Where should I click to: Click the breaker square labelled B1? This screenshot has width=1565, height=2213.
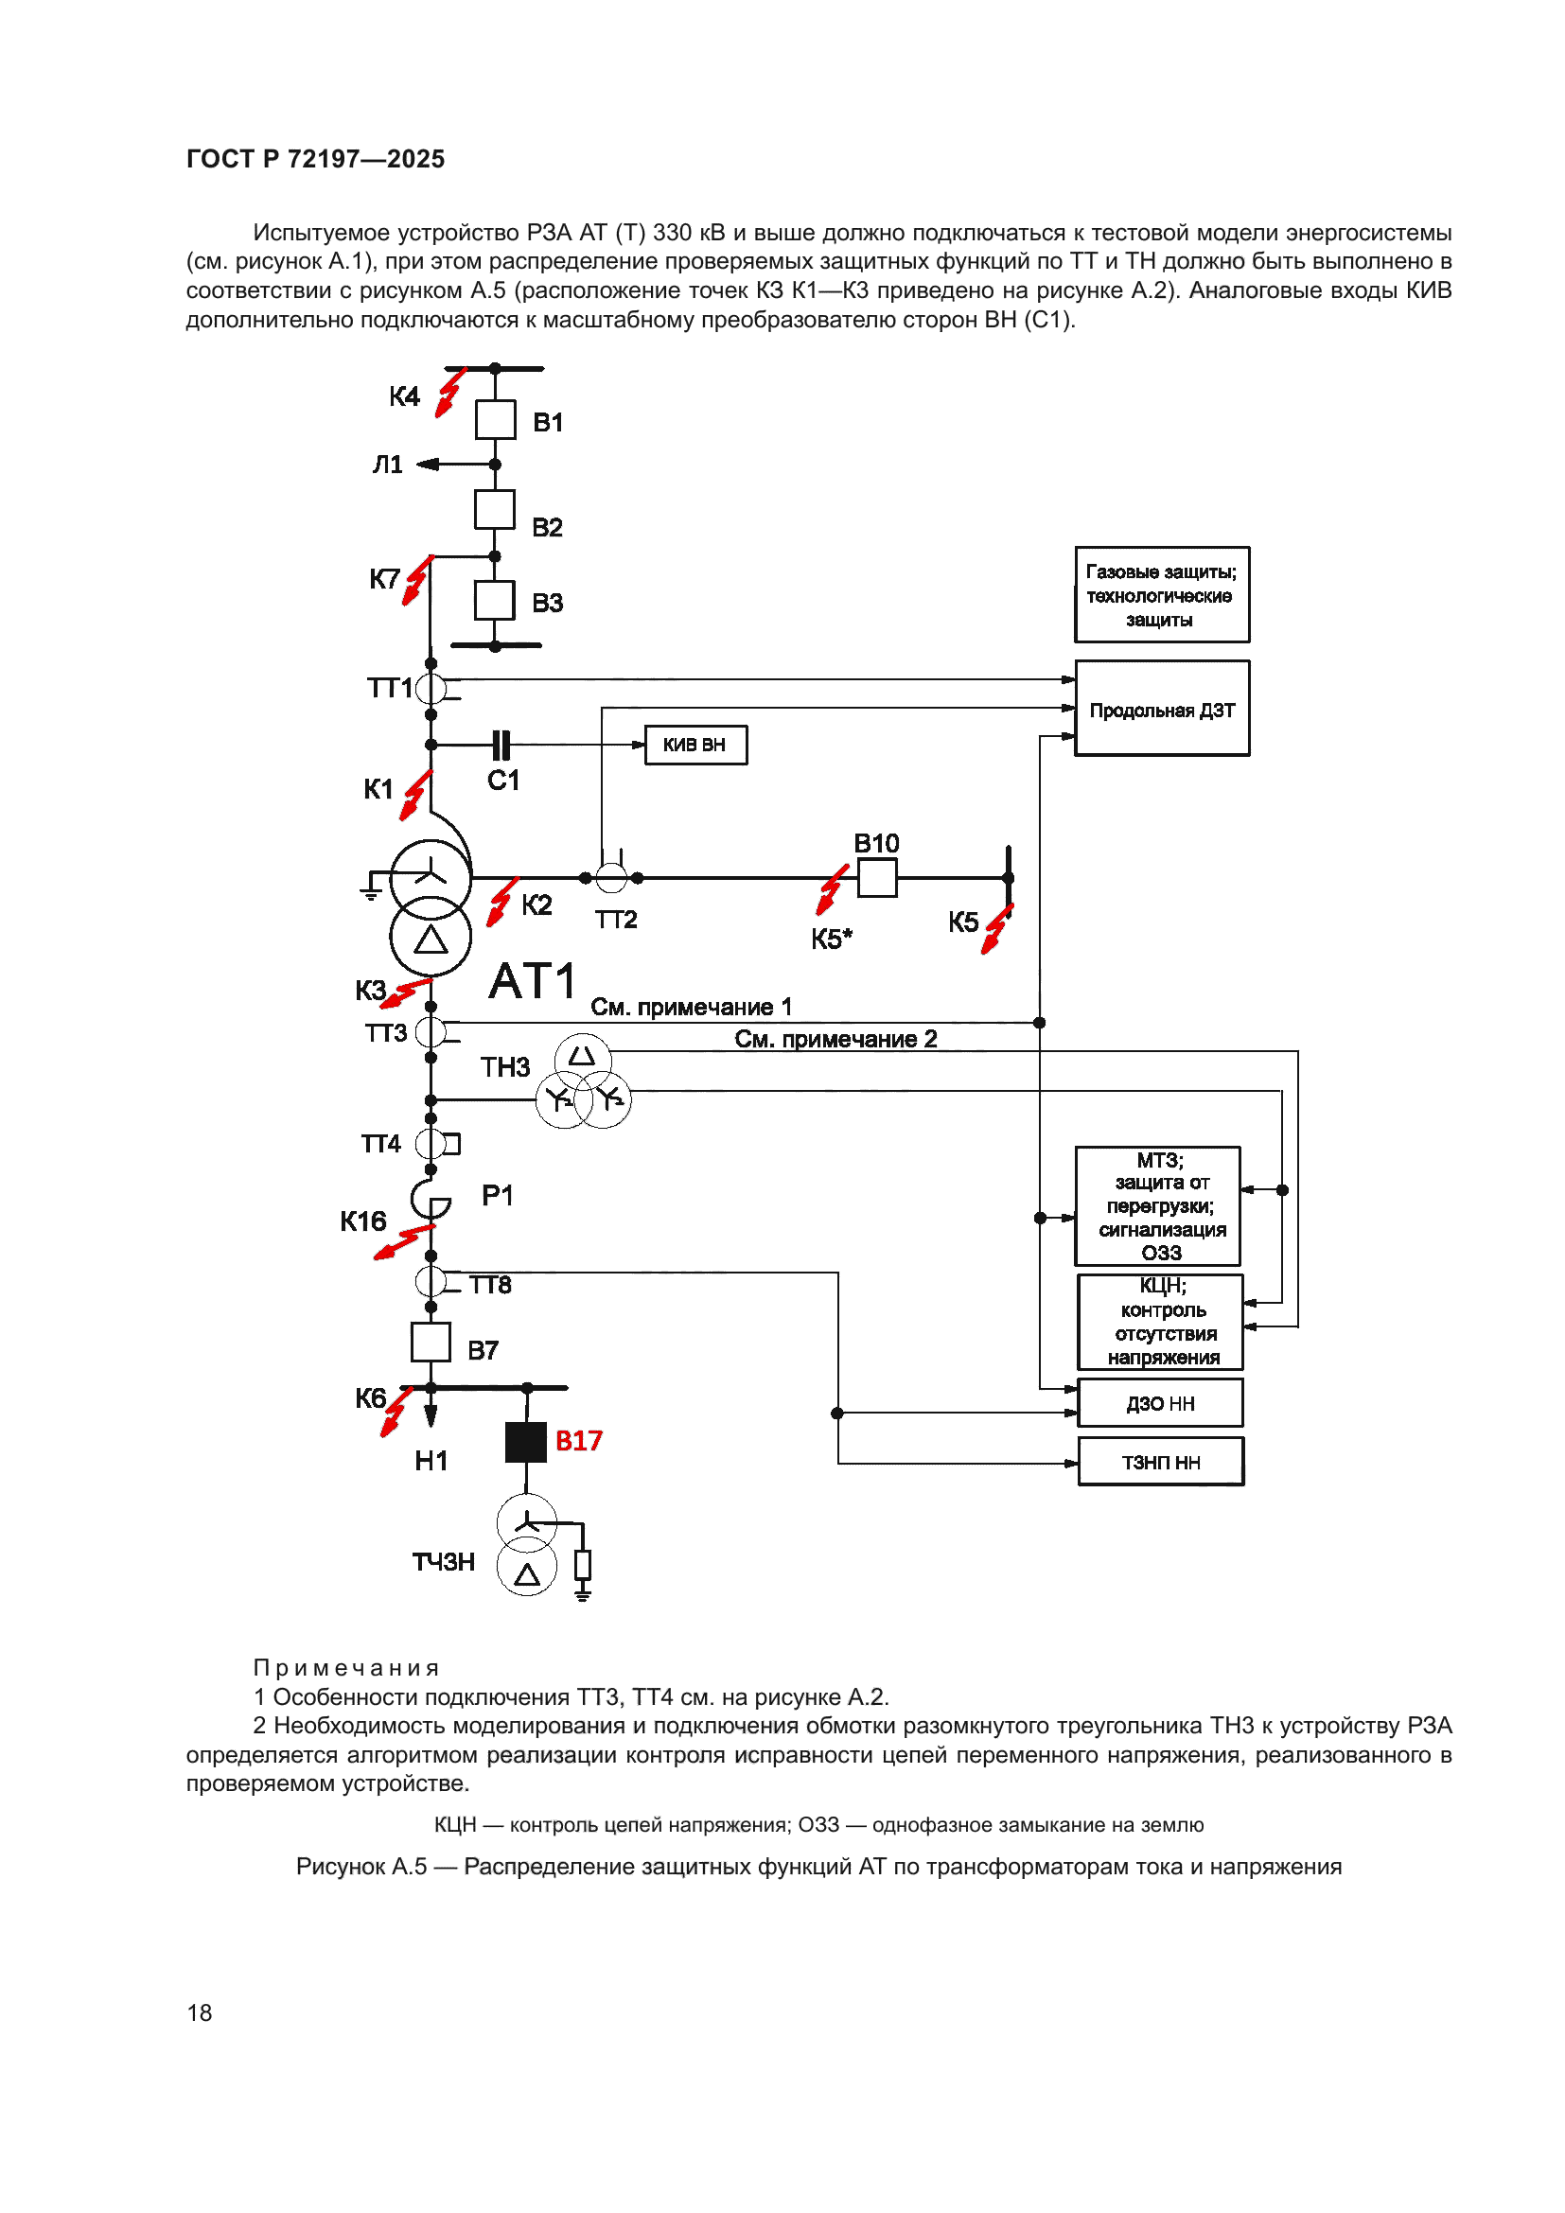[495, 420]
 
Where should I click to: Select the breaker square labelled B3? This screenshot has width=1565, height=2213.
[494, 601]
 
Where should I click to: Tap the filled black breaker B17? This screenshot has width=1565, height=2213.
[526, 1442]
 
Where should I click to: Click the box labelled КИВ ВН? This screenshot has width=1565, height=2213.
[695, 745]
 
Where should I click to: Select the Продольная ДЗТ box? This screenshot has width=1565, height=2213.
[1161, 709]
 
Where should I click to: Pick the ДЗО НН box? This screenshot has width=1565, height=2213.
[1159, 1403]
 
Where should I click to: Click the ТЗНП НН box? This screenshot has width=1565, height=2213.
[1160, 1462]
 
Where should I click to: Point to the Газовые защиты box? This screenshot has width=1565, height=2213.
[1161, 595]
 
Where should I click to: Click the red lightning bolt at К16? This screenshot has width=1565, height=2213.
[403, 1241]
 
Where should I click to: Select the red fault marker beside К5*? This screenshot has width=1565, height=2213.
[831, 889]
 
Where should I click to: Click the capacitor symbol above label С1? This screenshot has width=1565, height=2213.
[501, 745]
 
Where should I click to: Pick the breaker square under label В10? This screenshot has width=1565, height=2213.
[877, 878]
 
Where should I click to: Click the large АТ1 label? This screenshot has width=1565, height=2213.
[532, 982]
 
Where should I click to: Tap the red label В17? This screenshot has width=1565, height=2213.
[578, 1441]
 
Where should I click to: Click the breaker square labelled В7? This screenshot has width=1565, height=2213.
[431, 1342]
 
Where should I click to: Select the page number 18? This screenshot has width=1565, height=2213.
[200, 2012]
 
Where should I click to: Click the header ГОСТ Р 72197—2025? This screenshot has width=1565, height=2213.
[315, 159]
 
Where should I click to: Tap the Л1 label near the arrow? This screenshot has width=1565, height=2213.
[387, 465]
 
